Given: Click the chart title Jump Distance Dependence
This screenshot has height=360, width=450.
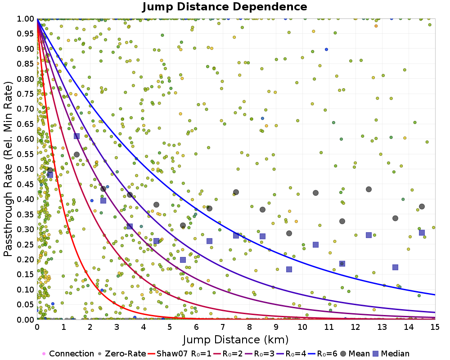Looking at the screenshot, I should tap(225, 7).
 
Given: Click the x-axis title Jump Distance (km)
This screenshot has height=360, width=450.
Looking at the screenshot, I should tap(235, 339).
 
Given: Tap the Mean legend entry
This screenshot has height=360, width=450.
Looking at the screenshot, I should tap(355, 354).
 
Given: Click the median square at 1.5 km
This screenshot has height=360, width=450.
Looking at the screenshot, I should tap(76, 136).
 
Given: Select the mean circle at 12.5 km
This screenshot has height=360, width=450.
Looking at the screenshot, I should tap(369, 189).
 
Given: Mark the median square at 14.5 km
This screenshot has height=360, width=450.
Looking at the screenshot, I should tap(422, 232).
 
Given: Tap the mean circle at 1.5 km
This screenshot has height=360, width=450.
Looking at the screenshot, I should tap(76, 154).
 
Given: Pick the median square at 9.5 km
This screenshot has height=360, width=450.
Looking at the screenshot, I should tap(289, 269).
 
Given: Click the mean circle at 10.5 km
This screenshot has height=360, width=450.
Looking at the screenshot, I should tap(315, 193).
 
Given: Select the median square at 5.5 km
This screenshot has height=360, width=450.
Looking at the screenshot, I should tap(183, 259).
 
